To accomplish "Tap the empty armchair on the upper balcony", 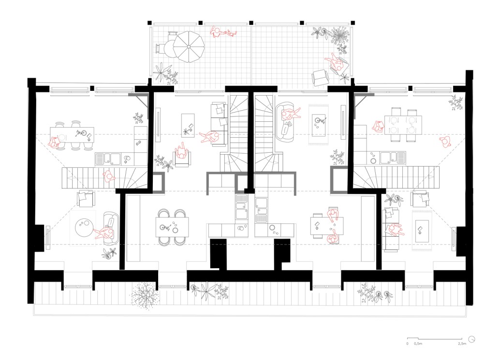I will pos(320,77).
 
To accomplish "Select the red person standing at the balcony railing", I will pos(223,33).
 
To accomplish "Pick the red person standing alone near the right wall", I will pos(444,141).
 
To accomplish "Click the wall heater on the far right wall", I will pos(454,238).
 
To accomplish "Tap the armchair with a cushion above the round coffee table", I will pos(86,199).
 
